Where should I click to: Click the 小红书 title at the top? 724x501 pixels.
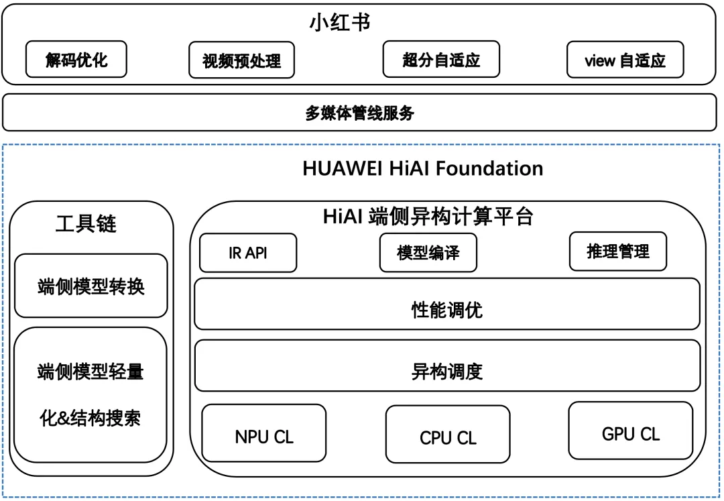(340, 22)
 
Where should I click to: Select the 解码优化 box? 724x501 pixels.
(76, 60)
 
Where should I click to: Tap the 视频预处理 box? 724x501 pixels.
(242, 61)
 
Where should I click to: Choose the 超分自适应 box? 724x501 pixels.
(441, 60)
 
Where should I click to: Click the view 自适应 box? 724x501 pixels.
(625, 60)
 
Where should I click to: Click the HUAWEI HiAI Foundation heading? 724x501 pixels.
(422, 168)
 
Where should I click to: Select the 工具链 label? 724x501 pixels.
(86, 223)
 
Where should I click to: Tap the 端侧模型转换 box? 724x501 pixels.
(91, 286)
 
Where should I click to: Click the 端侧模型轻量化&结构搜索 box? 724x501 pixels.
(90, 394)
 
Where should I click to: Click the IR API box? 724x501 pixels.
(247, 253)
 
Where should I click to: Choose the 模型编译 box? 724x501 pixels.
(428, 253)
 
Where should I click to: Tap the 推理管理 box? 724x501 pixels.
(617, 252)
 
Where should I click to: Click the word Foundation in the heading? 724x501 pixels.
(489, 168)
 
